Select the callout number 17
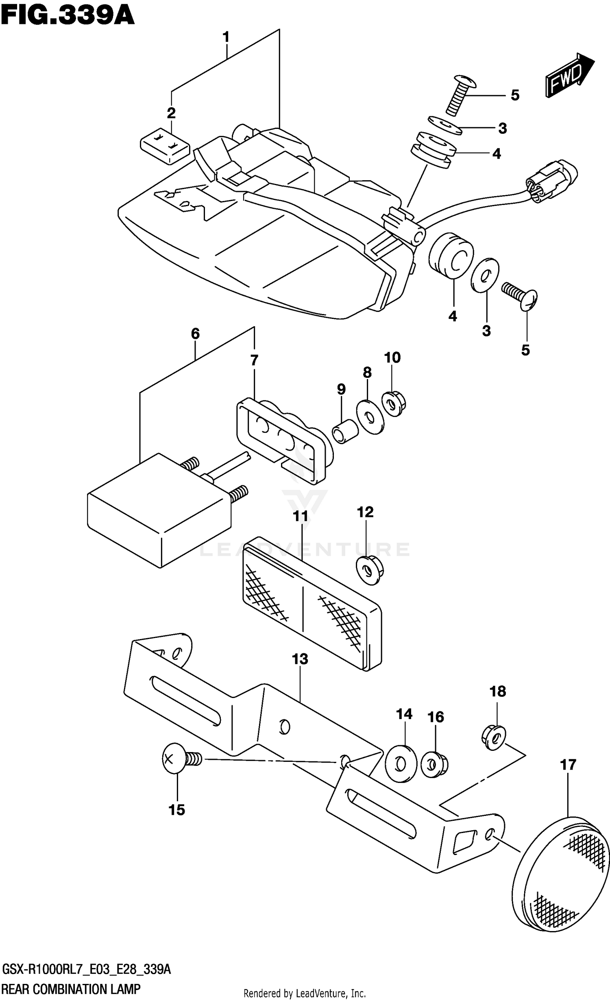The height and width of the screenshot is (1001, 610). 568,765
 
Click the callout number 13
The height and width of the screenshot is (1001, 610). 300,659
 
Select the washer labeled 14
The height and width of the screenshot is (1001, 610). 400,763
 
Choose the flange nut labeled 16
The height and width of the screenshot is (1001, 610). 434,765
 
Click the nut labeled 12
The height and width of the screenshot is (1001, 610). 370,569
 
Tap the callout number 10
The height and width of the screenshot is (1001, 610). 392,358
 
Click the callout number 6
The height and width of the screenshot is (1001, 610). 195,334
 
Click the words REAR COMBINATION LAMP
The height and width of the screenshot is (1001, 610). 71,989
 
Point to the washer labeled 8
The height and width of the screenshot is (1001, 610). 370,417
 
